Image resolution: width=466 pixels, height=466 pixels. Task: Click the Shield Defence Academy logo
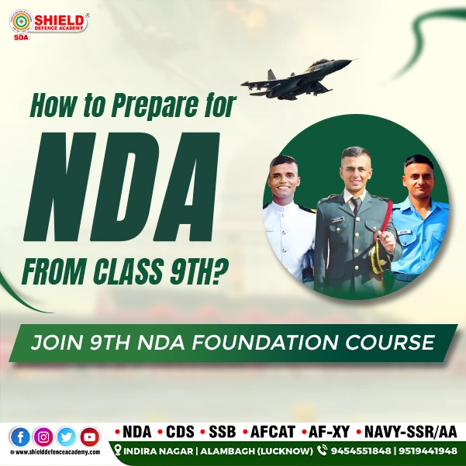tap(47, 24)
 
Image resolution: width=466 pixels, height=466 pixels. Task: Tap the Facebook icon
tap(19, 437)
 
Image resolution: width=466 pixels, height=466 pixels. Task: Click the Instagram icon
tap(43, 437)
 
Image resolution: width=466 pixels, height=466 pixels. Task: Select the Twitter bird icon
tap(67, 437)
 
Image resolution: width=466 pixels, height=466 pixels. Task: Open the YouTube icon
tap(90, 437)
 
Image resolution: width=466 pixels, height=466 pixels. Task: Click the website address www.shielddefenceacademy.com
tap(56, 453)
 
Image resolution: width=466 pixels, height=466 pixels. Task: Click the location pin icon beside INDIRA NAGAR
tap(118, 450)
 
